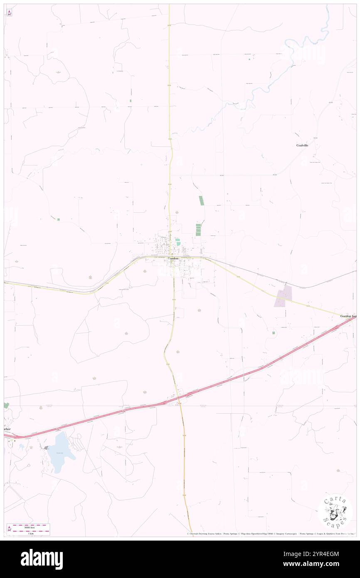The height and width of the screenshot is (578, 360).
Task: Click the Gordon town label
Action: pos(173,258)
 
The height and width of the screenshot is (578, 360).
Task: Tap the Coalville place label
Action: pos(302,145)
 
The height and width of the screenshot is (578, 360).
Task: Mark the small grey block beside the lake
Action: pos(46,448)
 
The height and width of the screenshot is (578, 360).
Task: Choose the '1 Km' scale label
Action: pos(29,534)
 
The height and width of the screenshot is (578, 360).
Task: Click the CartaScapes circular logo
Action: pos(335,511)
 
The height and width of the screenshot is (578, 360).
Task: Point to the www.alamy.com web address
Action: pos(325,564)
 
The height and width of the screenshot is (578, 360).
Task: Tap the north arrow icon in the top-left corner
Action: pos(9,12)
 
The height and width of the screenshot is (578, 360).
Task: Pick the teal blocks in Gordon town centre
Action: pos(178,242)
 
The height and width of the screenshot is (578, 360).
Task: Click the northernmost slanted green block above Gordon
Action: pos(202,200)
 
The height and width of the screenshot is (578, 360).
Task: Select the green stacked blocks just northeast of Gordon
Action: pos(198,230)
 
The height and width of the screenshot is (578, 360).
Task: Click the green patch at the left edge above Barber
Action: pos(6,405)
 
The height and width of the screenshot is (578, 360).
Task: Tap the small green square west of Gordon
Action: pos(59,219)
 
